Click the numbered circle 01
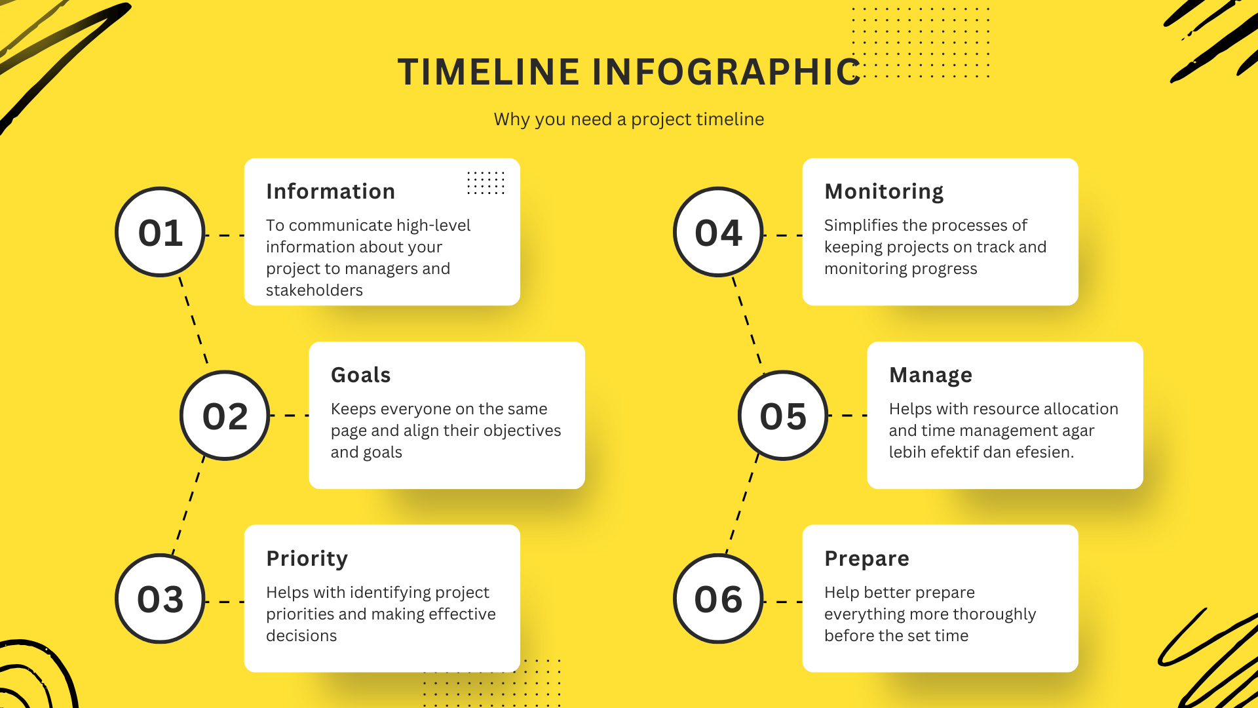160,232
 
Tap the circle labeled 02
225,416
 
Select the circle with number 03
160,599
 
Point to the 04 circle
718,232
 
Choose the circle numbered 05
783,416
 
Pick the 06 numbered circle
718,599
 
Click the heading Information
330,191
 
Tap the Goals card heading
360,375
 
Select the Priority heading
307,559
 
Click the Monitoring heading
884,191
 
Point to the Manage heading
930,375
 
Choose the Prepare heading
866,559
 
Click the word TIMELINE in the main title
488,72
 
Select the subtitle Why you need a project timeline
628,119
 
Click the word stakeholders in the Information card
314,290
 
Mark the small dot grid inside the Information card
486,183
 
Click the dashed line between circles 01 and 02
193,321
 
